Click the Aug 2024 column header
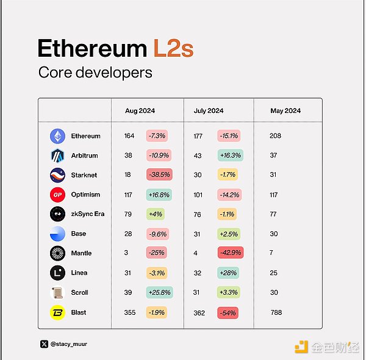point(140,110)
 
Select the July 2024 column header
point(208,110)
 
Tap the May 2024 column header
point(285,110)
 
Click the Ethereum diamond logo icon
point(57,136)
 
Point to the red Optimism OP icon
point(57,195)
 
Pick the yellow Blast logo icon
point(57,312)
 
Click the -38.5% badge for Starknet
point(159,175)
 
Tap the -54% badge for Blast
point(228,312)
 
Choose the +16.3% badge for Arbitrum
point(230,156)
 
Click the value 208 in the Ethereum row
point(275,136)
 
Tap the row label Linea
point(79,273)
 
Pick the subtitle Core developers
point(95,73)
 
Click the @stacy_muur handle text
point(69,344)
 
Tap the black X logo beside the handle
point(44,344)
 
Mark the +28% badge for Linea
point(229,273)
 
